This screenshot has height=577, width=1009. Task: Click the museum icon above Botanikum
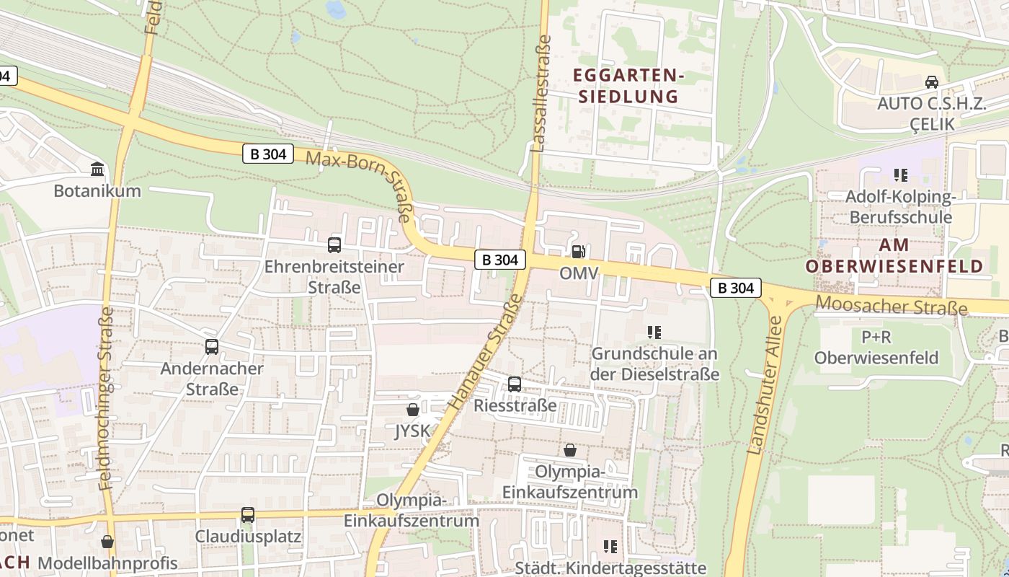[97, 169]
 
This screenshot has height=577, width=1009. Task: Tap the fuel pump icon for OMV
[578, 252]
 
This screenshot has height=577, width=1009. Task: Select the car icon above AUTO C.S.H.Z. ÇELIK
[931, 82]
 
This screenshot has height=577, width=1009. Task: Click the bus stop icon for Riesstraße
[515, 384]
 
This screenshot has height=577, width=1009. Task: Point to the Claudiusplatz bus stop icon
[248, 515]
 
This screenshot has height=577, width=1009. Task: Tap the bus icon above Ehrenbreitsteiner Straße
[334, 245]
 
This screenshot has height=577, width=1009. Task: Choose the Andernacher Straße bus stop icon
[212, 346]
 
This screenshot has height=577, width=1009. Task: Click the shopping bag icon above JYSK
[413, 410]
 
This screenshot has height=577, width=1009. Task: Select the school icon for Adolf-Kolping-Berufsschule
[900, 175]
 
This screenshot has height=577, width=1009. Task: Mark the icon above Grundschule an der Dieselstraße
[654, 332]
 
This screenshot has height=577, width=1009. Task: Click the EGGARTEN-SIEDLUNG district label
[626, 85]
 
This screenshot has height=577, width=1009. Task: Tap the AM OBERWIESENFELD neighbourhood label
[894, 255]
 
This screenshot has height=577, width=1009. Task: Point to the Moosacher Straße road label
[892, 307]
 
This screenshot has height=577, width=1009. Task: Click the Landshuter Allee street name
[765, 386]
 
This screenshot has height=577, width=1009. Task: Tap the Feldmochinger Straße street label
[107, 398]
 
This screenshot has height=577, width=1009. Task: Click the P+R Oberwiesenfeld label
[876, 347]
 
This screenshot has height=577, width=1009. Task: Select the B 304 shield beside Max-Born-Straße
[268, 153]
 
